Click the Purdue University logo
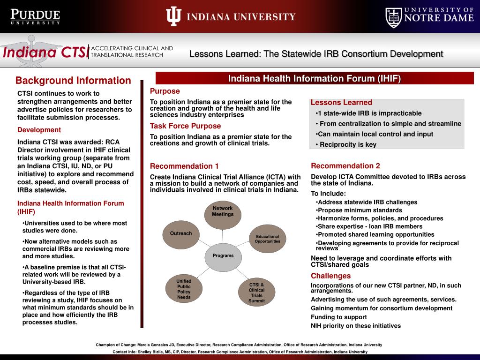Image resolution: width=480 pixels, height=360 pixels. coord(36,17)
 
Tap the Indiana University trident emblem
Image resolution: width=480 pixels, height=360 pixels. coord(173,17)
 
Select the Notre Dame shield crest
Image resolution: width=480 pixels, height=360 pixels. coord(394,17)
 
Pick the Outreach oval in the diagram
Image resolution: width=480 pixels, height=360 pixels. coord(181,234)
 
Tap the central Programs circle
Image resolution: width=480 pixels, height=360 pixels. coord(223,256)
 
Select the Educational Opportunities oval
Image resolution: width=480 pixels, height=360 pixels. coord(267,239)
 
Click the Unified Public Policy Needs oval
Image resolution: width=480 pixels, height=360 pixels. coord(184,289)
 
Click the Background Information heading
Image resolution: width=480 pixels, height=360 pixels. coord(73,81)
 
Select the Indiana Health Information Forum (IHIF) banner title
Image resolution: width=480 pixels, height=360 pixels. coord(315,78)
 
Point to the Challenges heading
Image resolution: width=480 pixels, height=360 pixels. coord(330,276)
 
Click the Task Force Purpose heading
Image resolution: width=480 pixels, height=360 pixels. coord(185,126)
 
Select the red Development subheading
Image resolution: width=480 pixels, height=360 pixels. coord(39,130)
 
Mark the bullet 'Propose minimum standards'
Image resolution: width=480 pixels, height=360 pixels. coord(360,210)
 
